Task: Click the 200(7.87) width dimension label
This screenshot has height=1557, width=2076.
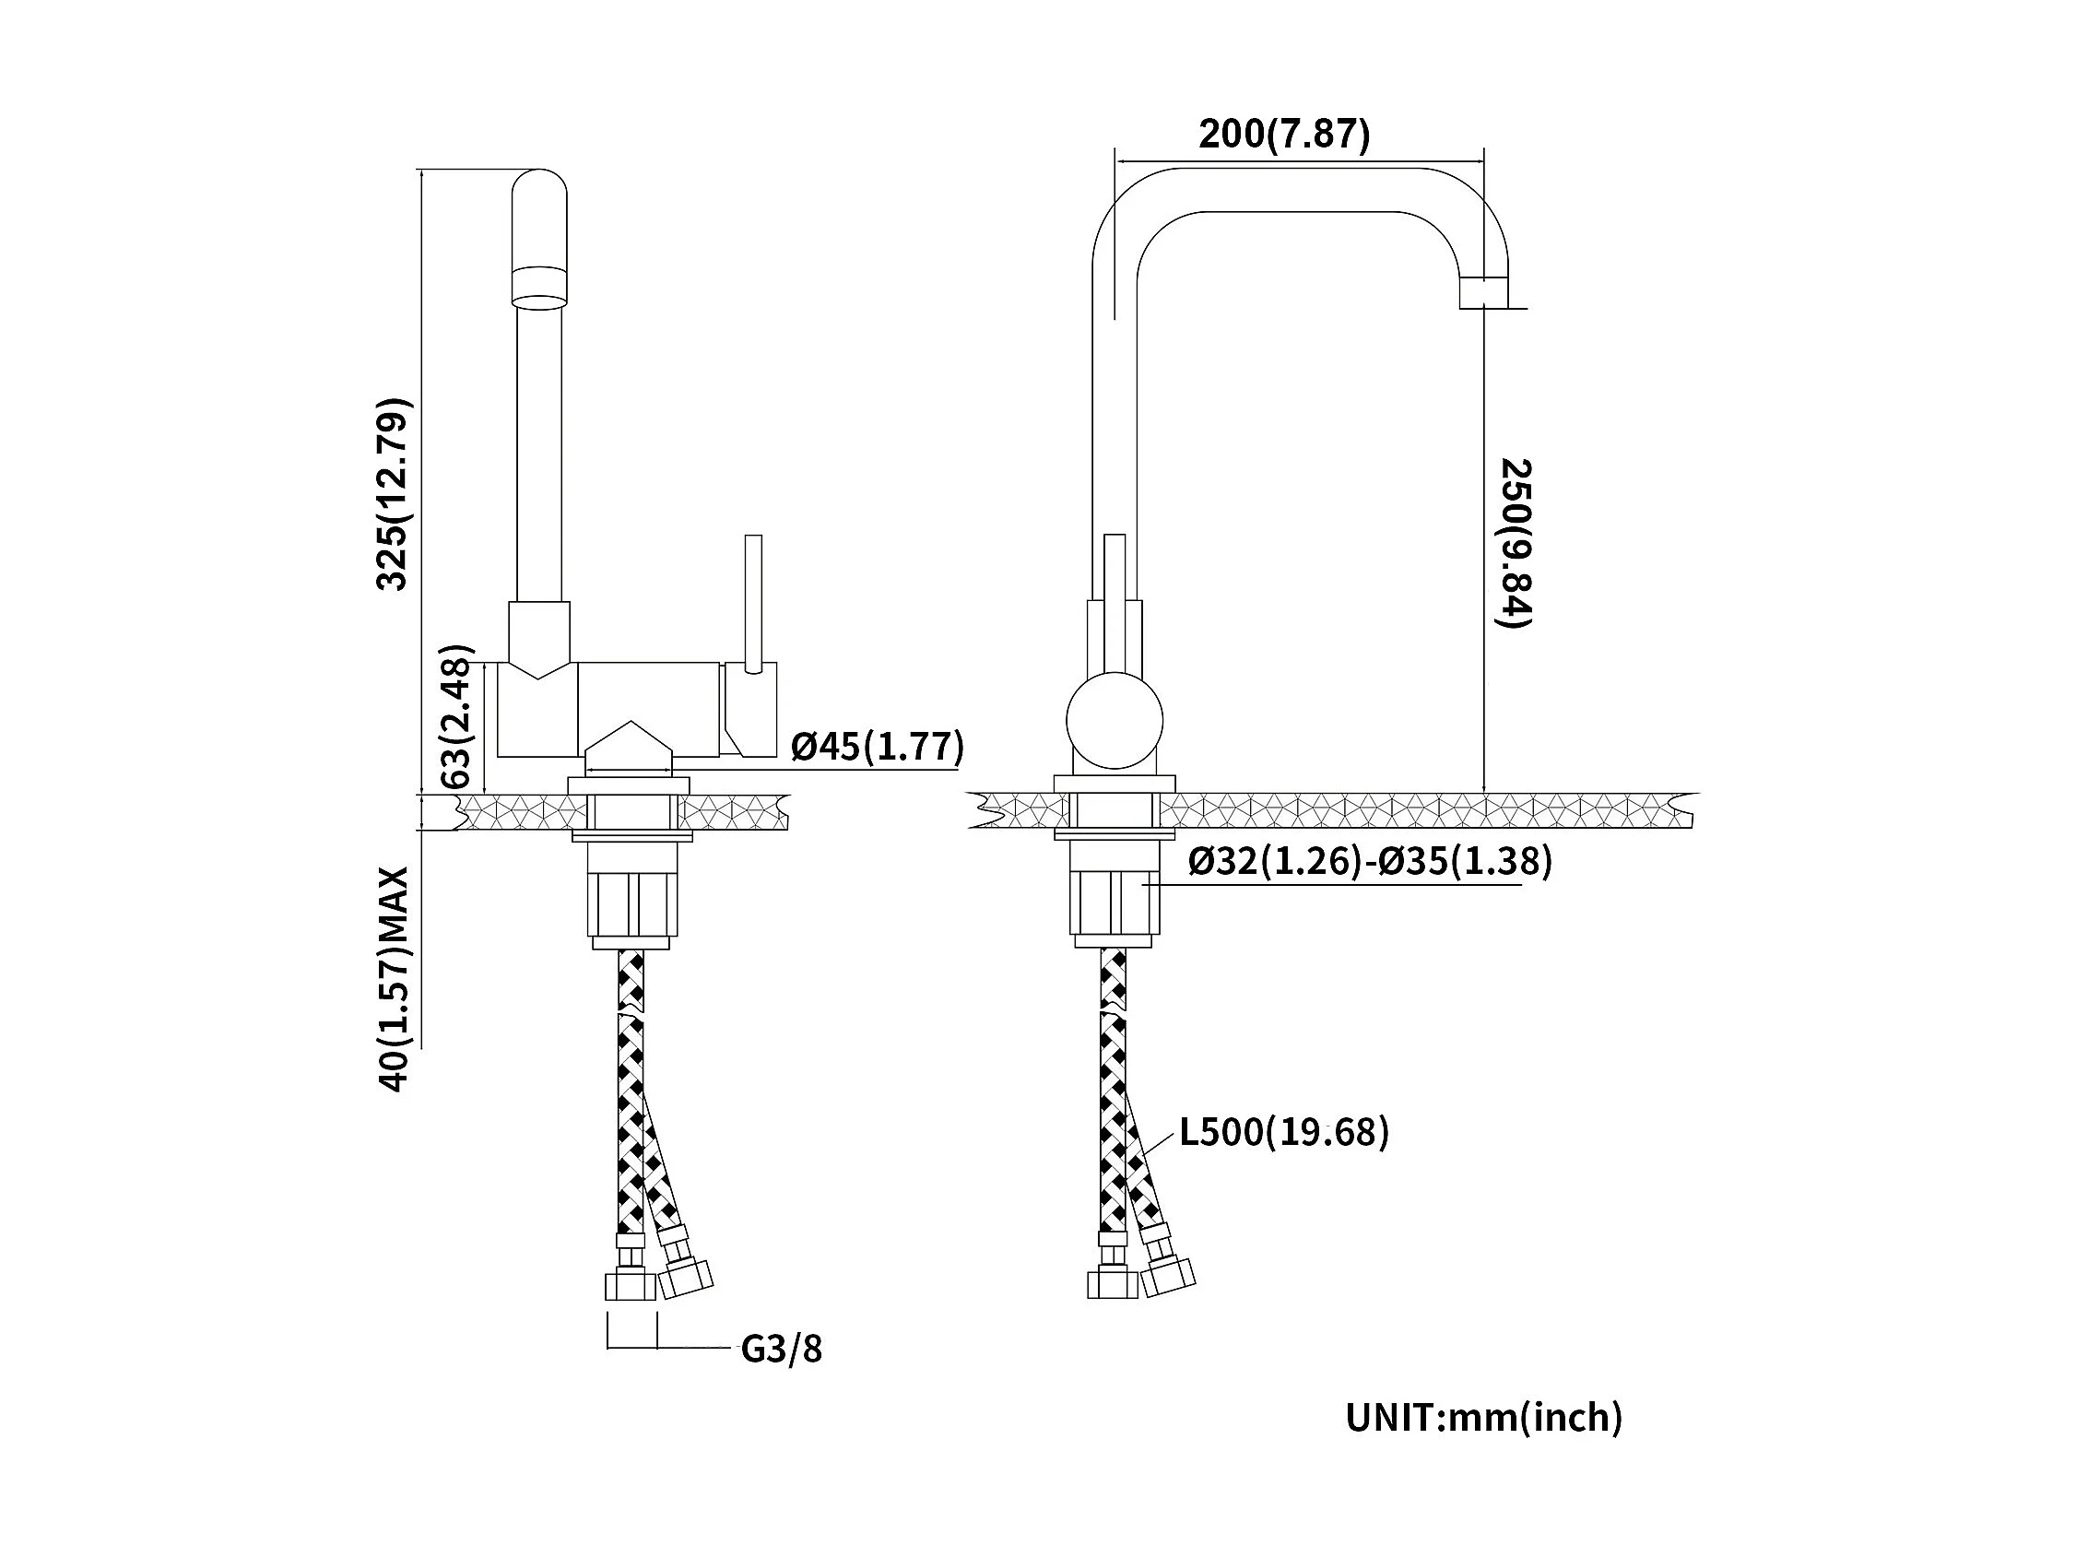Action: pos(1284,136)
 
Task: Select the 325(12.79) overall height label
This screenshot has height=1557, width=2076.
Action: pos(394,495)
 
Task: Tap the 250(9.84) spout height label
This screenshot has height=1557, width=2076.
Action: pos(1515,543)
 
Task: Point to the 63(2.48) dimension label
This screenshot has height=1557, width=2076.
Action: pos(456,716)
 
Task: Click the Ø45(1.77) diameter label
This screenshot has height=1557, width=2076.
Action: pos(877,746)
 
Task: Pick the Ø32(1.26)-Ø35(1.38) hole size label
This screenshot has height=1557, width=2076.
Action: pos(1369,861)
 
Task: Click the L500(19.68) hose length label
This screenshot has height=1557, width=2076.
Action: pos(1283,1132)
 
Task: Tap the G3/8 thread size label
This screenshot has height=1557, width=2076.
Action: pos(781,1349)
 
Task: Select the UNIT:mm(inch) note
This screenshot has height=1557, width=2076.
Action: pos(1483,1417)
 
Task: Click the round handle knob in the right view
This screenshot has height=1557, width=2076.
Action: pos(1114,721)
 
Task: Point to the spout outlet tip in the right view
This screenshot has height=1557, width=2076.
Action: pos(1484,292)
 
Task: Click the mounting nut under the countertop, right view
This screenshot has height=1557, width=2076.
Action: pos(1114,902)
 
